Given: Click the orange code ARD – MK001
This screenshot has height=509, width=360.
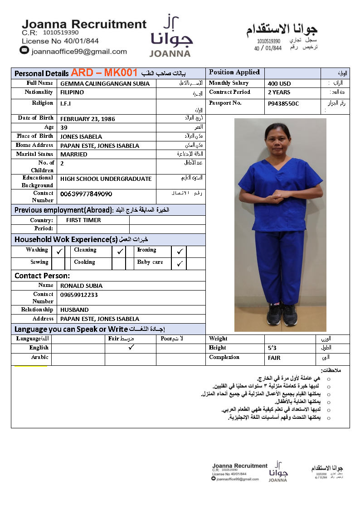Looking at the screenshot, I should tap(104, 73).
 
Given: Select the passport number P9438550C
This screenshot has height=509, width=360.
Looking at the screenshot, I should tap(283, 104).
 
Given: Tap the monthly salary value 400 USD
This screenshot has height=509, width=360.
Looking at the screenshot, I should tap(279, 83).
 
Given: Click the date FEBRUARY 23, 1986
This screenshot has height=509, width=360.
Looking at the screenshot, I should tap(88, 119).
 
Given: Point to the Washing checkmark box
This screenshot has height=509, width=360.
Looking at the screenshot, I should tap(59, 251).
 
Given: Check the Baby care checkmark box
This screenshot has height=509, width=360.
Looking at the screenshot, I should tap(180, 263).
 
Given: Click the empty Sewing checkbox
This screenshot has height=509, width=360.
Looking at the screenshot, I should tap(58, 263).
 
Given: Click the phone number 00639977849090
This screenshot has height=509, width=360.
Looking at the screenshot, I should tap(86, 194).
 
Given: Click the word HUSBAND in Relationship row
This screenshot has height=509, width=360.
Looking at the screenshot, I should tap(74, 310).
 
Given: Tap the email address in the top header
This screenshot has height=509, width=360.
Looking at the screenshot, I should tap(79, 52).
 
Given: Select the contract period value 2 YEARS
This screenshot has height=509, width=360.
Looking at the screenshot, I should tap(279, 92).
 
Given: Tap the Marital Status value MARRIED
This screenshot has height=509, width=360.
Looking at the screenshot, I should tap(73, 155).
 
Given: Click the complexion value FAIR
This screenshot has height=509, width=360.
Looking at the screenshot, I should tap(274, 358).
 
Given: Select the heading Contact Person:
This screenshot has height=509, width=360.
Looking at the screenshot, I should tap(42, 276).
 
